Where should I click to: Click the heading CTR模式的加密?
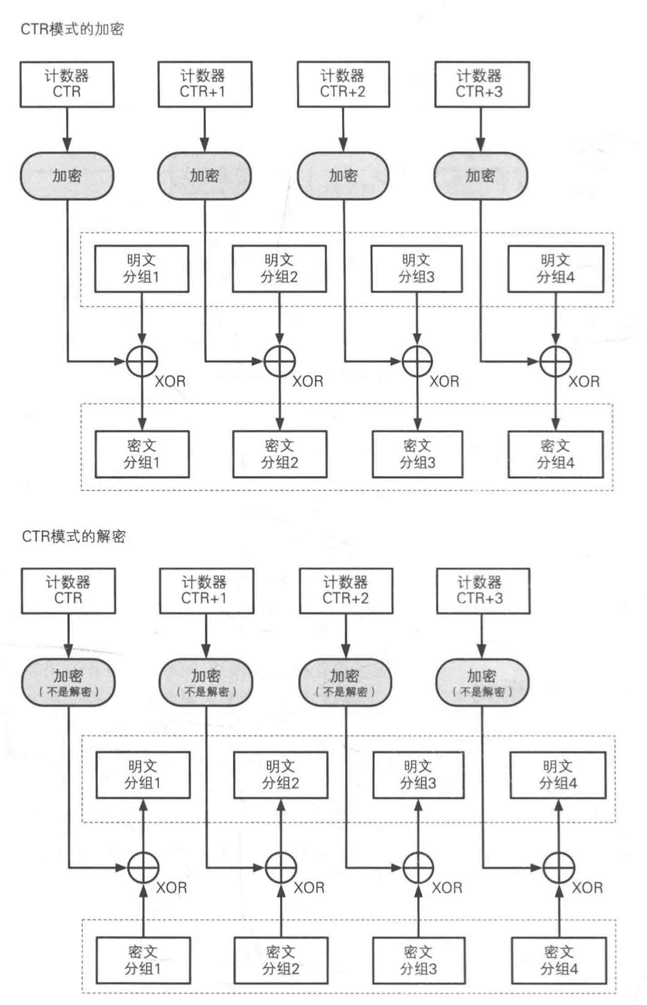coord(72,29)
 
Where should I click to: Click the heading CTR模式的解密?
coord(73,536)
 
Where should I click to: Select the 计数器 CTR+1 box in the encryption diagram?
coord(205,84)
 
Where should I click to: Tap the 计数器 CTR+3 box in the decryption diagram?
coord(482,591)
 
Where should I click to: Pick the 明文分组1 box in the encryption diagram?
coord(142,269)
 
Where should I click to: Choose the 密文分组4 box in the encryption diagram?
coord(555,454)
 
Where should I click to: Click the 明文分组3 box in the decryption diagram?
coord(418,775)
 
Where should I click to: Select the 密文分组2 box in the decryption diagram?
coord(280,960)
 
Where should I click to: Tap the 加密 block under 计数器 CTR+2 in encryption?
coord(343,176)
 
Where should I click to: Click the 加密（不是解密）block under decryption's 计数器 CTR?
coord(68,682)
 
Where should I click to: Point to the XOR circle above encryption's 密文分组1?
coord(142,361)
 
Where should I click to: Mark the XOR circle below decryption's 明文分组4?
coord(559,867)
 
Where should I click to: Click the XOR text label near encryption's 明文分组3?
coord(445,381)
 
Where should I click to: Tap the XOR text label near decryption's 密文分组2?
coord(309,888)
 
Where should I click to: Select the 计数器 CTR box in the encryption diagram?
coord(67,84)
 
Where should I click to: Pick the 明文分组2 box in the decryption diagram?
coord(280,775)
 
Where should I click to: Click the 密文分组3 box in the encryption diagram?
coord(418,454)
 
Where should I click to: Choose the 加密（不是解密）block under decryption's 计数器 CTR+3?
coord(482,682)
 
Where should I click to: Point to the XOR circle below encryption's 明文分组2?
coord(280,361)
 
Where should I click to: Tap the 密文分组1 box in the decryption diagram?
coord(143,960)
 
